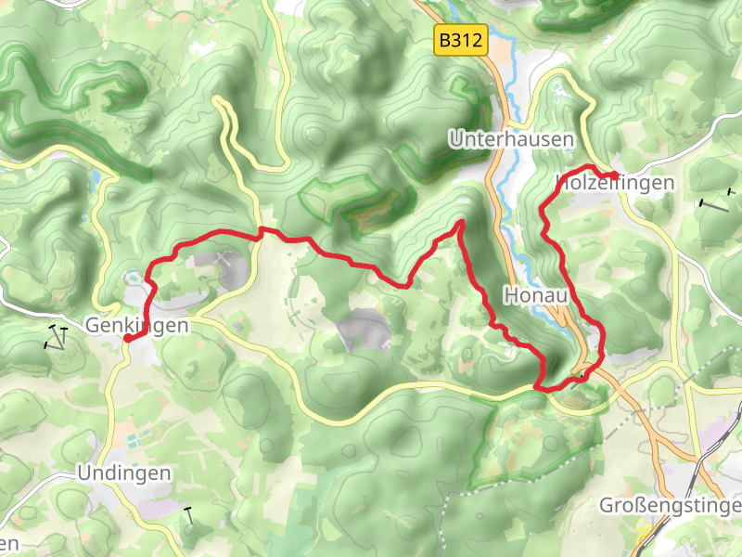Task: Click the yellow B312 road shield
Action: (x=461, y=40)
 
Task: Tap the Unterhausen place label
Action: (x=511, y=139)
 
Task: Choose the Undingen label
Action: (x=124, y=473)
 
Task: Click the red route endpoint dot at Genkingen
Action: (x=127, y=339)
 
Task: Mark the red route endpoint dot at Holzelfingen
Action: (x=613, y=175)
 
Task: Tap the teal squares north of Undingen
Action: (x=136, y=434)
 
